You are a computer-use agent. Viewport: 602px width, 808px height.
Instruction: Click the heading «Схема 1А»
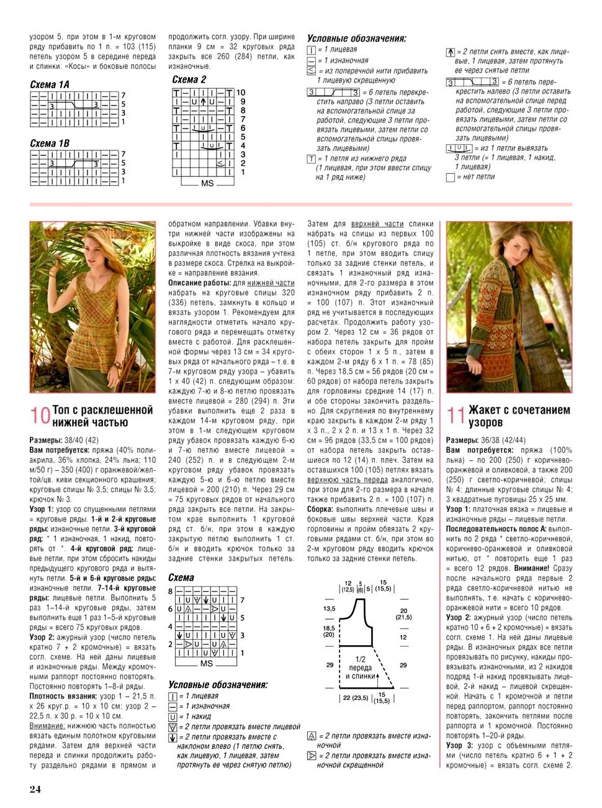50,84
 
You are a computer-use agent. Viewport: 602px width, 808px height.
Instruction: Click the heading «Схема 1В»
50,143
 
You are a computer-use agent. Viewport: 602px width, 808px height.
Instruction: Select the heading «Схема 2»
189,79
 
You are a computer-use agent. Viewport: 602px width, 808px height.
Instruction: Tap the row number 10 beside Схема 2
241,93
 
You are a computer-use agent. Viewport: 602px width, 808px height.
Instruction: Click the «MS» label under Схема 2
207,183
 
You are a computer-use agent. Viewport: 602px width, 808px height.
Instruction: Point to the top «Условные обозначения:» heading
357,39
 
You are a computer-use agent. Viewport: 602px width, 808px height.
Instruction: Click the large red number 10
40,415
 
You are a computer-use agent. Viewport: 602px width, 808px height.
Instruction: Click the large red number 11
456,415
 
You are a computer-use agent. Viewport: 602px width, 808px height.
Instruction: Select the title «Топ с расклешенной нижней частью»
102,416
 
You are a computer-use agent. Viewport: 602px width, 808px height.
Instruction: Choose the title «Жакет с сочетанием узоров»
519,416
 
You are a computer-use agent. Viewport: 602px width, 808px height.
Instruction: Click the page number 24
35,789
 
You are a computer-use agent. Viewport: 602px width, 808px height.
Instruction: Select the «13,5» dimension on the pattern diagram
329,609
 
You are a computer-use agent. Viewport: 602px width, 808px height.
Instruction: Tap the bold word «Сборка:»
320,509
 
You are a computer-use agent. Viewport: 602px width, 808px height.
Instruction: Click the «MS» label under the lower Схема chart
207,663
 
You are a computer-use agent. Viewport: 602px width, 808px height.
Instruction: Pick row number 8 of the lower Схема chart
171,591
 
